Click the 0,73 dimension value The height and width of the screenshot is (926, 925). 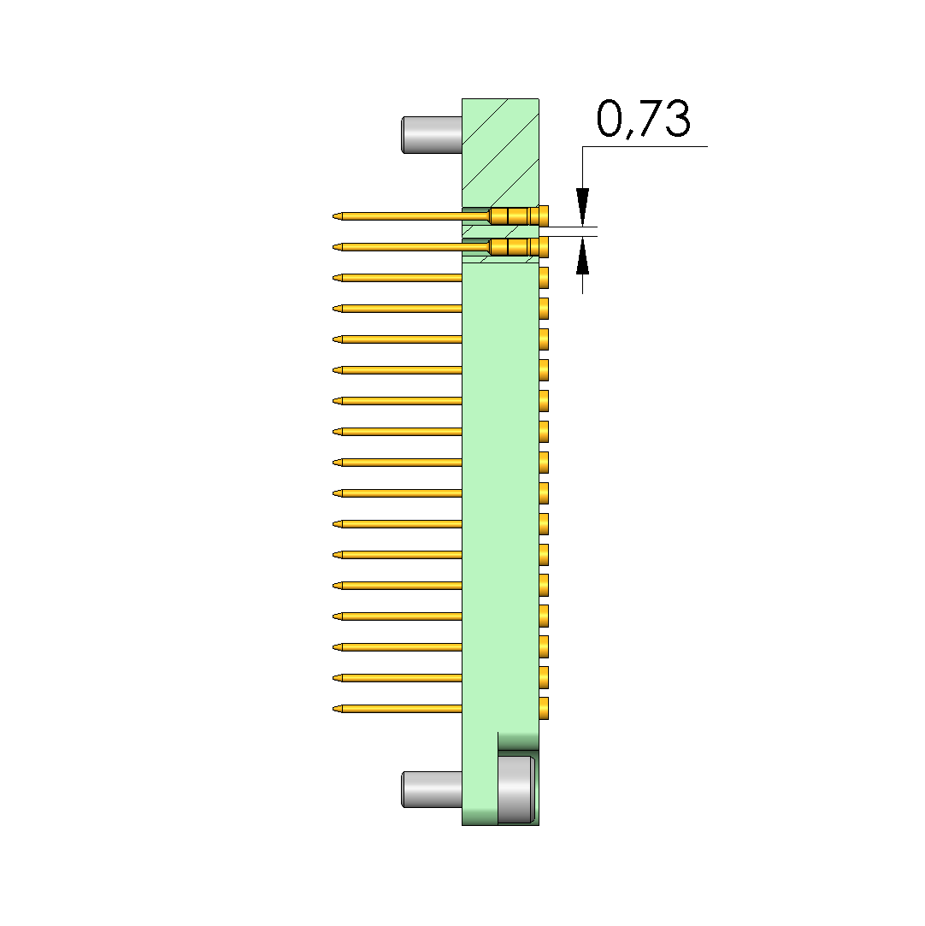[643, 119]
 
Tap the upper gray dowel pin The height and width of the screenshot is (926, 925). [432, 135]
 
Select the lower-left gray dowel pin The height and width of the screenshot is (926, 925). [432, 789]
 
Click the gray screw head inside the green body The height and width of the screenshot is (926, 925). [516, 789]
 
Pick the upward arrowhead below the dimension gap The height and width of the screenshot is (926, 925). [583, 255]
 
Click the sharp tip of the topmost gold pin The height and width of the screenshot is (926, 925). [333, 216]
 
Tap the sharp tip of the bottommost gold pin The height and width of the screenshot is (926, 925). [333, 709]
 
